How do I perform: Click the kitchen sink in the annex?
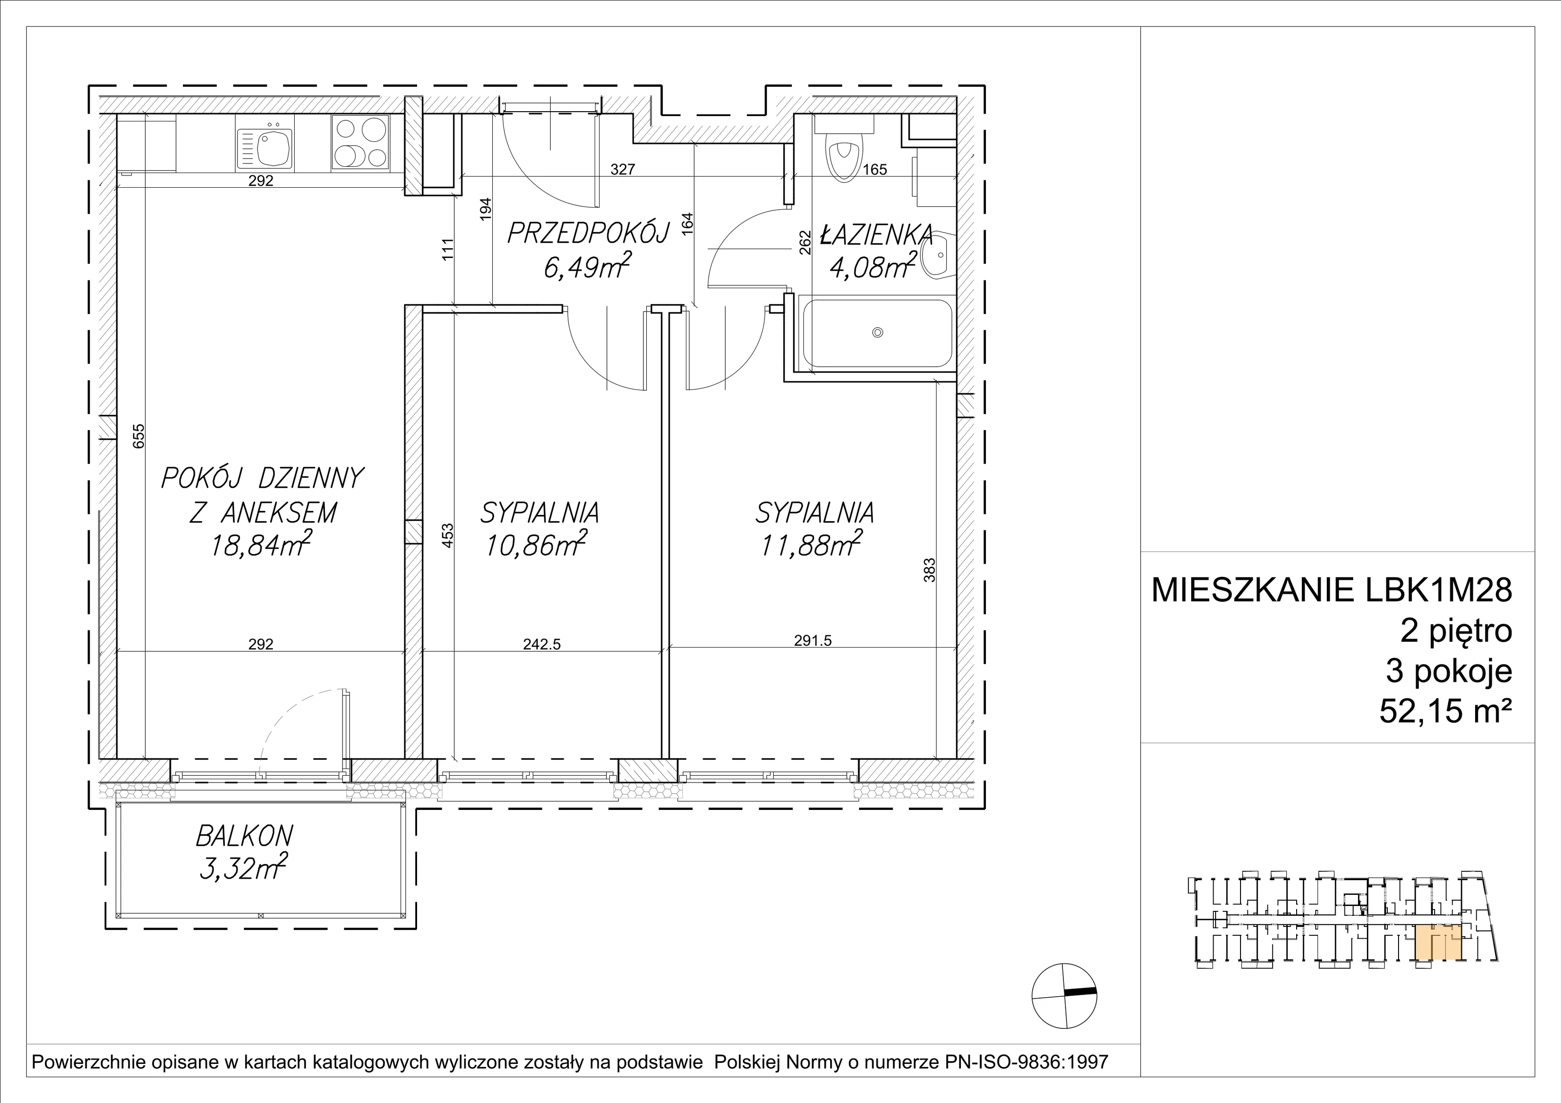265,150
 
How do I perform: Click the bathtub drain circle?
878,333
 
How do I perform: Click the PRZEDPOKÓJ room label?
589,233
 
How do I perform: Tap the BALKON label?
245,836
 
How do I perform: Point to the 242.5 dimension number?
542,644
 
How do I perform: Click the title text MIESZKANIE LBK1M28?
1332,590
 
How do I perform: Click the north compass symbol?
1064,996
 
